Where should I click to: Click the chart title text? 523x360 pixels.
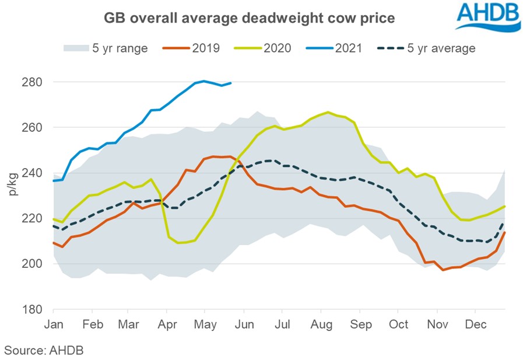tap(250, 18)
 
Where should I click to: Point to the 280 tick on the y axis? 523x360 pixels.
tap(33, 82)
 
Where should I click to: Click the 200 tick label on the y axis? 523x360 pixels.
tap(33, 264)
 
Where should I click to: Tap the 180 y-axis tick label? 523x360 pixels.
tap(33, 309)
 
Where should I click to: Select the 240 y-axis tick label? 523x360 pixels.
tap(33, 173)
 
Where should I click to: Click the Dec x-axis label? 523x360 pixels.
tap(476, 323)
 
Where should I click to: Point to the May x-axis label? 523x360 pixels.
tap(205, 323)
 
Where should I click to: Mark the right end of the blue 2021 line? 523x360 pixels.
tap(231, 83)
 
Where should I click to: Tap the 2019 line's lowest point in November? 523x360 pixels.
tap(443, 270)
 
